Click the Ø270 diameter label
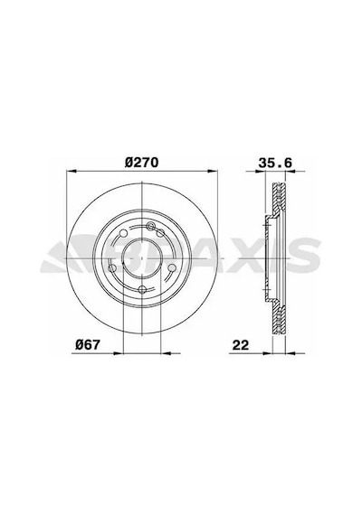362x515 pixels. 142,163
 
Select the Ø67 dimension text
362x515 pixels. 87,344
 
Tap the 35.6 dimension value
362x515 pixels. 275,163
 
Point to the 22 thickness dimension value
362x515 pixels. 241,345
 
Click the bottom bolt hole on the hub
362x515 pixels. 142,289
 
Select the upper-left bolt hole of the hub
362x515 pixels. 123,233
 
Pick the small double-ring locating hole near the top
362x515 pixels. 151,225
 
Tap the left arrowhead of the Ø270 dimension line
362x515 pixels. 71,171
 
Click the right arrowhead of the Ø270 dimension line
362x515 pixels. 213,171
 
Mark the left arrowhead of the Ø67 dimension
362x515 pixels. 118,353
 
